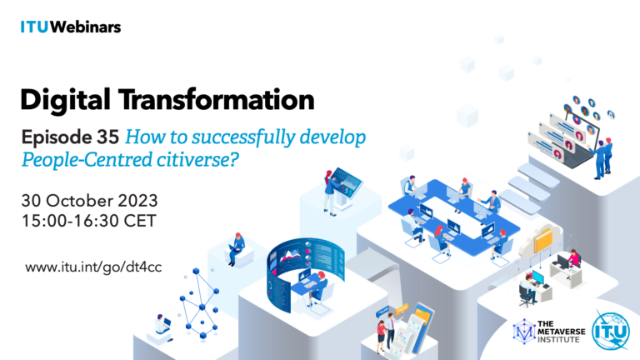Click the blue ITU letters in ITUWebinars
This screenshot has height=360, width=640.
point(34,27)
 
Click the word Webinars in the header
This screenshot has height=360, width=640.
point(85,27)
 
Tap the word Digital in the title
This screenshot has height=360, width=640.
point(65,100)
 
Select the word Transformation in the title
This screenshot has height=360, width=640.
point(217,99)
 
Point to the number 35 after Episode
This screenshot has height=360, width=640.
point(107,137)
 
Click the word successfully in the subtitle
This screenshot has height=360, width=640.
point(243,137)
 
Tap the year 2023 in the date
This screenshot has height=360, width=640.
point(137,201)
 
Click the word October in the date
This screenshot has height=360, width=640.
point(79,201)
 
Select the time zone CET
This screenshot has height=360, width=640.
point(140,221)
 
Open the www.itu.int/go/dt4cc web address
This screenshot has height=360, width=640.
point(93,267)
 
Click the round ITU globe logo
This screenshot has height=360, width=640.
point(611,331)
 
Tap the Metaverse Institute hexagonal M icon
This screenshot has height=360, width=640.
point(524,332)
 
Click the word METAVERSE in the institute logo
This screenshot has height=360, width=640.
point(561,332)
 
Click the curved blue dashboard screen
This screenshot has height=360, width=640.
point(305,269)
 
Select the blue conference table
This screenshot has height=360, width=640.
point(454,216)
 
